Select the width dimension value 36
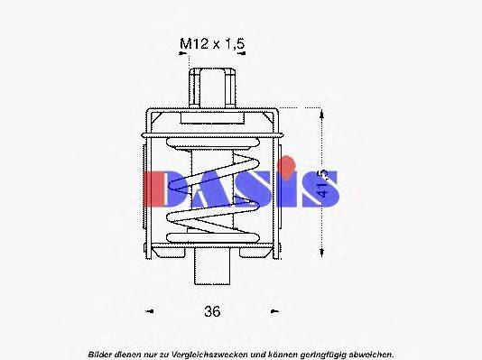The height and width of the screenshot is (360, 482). tap(211, 311)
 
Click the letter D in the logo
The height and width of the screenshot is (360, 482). tap(167, 188)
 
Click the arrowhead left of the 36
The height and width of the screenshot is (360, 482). tap(148, 311)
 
